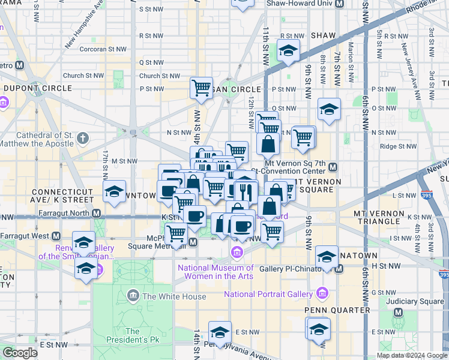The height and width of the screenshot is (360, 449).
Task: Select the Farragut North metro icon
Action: coord(96,213)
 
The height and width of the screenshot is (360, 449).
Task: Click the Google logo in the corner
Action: coord(20,353)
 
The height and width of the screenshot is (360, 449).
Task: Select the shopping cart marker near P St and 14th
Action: coord(201,88)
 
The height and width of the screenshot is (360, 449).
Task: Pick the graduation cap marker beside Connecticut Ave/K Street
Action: coord(113,191)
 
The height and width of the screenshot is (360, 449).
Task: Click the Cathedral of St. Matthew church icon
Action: coord(83,139)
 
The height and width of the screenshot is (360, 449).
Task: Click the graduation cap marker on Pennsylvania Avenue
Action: coord(220,332)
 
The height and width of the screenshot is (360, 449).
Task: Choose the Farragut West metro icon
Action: coord(56,236)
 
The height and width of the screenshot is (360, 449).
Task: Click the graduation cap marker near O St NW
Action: coord(329,109)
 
